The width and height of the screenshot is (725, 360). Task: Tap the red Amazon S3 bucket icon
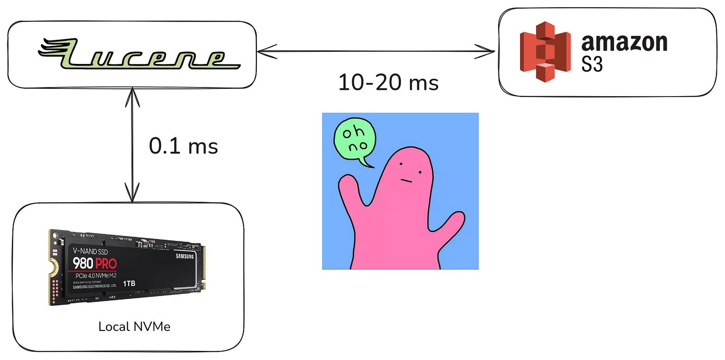(x=545, y=52)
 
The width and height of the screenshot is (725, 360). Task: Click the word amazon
(x=624, y=43)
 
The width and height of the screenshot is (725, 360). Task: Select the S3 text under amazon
(x=592, y=65)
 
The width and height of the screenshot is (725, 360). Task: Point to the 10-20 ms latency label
(x=388, y=83)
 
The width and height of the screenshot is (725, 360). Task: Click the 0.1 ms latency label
(x=184, y=146)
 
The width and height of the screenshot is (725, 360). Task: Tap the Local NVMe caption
(x=134, y=326)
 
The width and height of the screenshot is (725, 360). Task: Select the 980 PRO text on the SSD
(x=95, y=263)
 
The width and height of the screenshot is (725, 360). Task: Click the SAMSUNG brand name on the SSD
(x=184, y=257)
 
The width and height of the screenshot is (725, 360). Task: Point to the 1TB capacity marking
(x=129, y=283)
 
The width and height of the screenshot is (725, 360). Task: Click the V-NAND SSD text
(x=91, y=251)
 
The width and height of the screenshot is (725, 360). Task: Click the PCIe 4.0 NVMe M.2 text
(x=96, y=276)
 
